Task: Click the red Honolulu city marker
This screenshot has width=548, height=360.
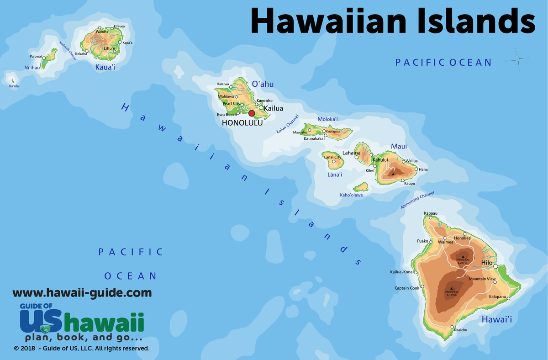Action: pyautogui.click(x=251, y=113)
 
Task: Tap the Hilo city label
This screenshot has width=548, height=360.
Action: pyautogui.click(x=487, y=263)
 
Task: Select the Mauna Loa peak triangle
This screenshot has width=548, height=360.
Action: pyautogui.click(x=451, y=288)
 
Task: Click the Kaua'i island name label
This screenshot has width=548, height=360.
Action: pyautogui.click(x=105, y=68)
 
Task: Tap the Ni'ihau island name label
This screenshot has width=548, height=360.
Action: pyautogui.click(x=32, y=68)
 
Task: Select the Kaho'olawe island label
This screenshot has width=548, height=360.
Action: pyautogui.click(x=351, y=195)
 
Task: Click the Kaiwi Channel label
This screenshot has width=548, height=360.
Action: pyautogui.click(x=287, y=124)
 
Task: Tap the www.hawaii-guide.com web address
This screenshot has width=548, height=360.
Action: pyautogui.click(x=82, y=292)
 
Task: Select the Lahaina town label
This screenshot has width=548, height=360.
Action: pyautogui.click(x=351, y=153)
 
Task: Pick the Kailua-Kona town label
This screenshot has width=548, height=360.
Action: pyautogui.click(x=401, y=272)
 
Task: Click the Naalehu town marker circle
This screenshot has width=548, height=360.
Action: pyautogui.click(x=452, y=327)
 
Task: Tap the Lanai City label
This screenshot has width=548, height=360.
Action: pyautogui.click(x=332, y=158)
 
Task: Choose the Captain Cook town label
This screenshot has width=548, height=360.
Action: pyautogui.click(x=406, y=288)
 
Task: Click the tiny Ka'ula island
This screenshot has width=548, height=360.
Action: pyautogui.click(x=12, y=81)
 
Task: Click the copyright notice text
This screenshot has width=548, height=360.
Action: pyautogui.click(x=82, y=348)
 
